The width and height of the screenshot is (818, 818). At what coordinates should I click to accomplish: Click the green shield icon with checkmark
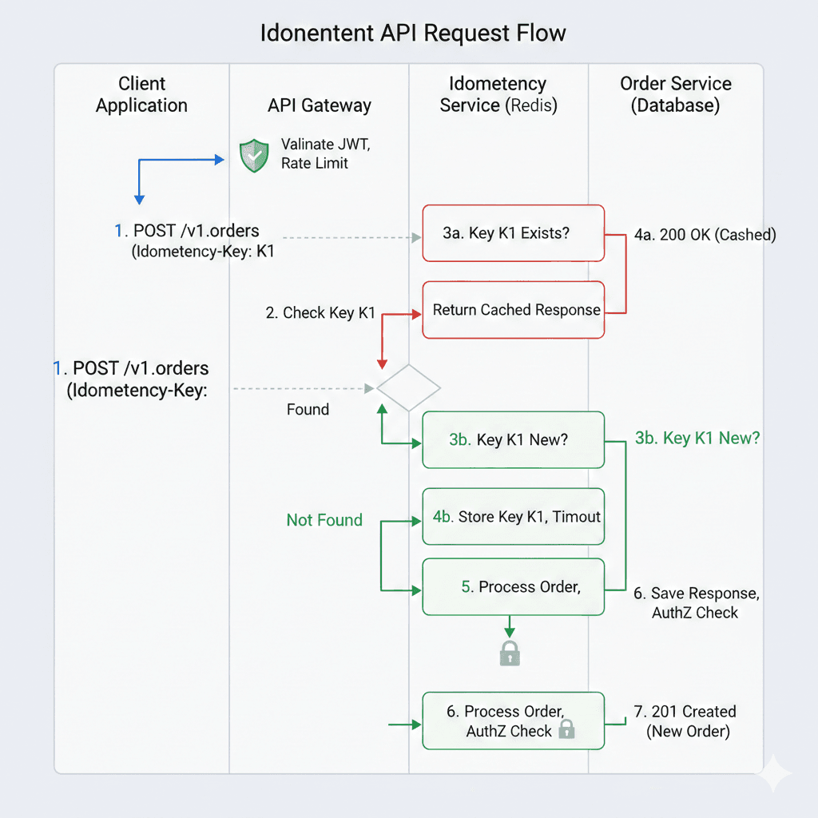pyautogui.click(x=254, y=155)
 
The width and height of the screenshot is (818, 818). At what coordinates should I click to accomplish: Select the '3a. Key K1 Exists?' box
pyautogui.click(x=513, y=233)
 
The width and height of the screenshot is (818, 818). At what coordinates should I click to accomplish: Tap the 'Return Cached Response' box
pyautogui.click(x=513, y=310)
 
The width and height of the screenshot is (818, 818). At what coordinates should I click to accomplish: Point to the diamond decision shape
pyautogui.click(x=408, y=388)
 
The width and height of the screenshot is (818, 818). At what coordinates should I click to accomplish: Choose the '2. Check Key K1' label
pyautogui.click(x=320, y=313)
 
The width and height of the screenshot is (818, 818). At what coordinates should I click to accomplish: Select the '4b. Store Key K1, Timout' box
pyautogui.click(x=513, y=517)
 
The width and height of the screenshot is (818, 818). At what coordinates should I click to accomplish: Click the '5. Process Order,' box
pyautogui.click(x=513, y=587)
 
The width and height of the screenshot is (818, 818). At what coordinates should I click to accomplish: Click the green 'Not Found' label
pyautogui.click(x=324, y=520)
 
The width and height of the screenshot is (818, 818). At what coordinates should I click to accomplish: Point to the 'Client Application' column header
pyautogui.click(x=141, y=94)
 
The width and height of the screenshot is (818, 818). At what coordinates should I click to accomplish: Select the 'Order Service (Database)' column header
pyautogui.click(x=676, y=94)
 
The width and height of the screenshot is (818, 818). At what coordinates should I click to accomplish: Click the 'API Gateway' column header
pyautogui.click(x=320, y=105)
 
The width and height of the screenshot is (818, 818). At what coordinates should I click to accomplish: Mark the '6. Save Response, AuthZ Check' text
pyautogui.click(x=696, y=603)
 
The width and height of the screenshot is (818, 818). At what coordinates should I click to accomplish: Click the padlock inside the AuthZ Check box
pyautogui.click(x=566, y=729)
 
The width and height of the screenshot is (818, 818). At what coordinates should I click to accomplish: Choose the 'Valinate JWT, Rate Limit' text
pyautogui.click(x=315, y=154)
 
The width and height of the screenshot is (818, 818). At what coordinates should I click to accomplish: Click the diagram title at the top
pyautogui.click(x=413, y=34)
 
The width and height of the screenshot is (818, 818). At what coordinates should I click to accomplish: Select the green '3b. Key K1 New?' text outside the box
pyautogui.click(x=697, y=438)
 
